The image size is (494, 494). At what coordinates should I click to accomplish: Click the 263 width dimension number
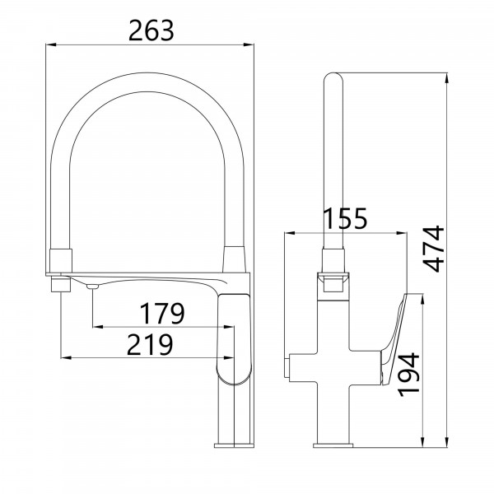(151, 30)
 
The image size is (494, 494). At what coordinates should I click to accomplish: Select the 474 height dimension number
(434, 249)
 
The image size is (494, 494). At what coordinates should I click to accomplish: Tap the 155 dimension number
(346, 218)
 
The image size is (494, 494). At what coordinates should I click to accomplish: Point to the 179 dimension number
(162, 313)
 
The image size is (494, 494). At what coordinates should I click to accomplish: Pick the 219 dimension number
(150, 344)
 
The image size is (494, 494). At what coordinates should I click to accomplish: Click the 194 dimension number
(408, 375)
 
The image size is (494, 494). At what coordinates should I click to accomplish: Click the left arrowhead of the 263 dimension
(51, 44)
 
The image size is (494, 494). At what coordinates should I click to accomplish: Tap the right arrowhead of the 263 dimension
(249, 44)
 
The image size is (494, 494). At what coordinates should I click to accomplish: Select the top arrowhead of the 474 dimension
(446, 78)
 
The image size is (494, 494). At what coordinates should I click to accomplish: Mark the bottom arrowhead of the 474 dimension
(446, 442)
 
